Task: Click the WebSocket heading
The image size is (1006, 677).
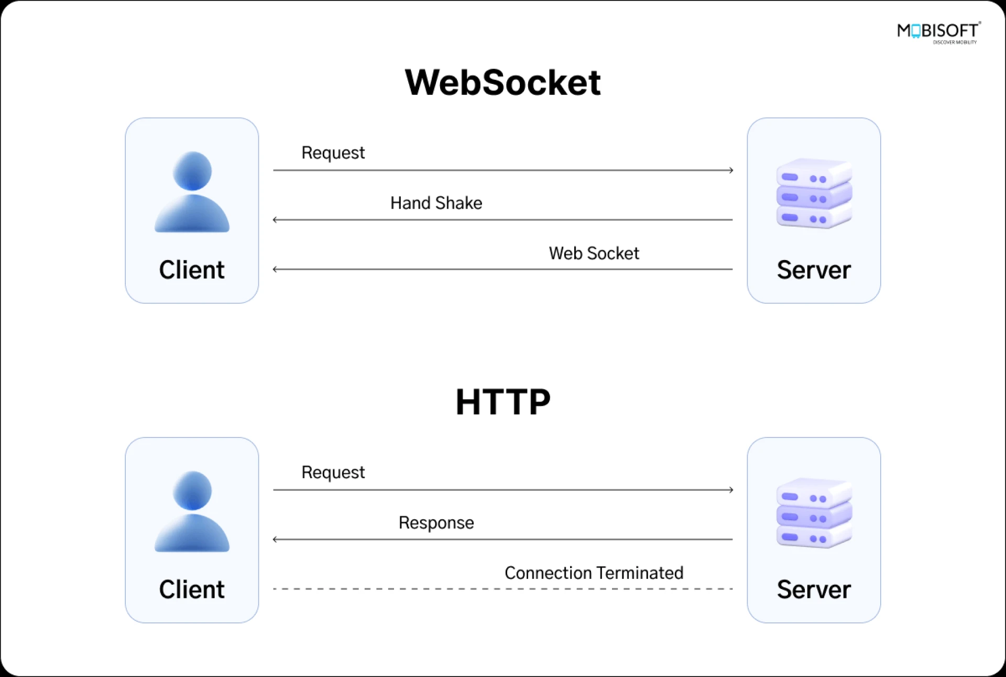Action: pyautogui.click(x=502, y=83)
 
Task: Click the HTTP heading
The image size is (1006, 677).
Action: pyautogui.click(x=503, y=402)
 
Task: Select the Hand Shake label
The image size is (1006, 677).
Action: pyautogui.click(x=436, y=203)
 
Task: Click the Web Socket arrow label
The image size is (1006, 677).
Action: pyautogui.click(x=594, y=253)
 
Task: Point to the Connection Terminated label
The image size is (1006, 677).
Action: pyautogui.click(x=594, y=573)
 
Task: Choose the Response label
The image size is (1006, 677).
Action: pyautogui.click(x=436, y=522)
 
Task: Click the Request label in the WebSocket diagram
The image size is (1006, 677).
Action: pyautogui.click(x=333, y=153)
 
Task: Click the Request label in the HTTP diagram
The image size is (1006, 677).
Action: pyautogui.click(x=333, y=472)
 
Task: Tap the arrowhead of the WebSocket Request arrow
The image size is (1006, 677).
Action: pyautogui.click(x=731, y=170)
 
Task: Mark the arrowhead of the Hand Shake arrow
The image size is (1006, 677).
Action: pyautogui.click(x=275, y=220)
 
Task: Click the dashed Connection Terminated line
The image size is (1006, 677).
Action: pyautogui.click(x=503, y=589)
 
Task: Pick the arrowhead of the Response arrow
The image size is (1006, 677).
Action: pyautogui.click(x=275, y=539)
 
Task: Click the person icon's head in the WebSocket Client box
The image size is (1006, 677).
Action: pyautogui.click(x=192, y=171)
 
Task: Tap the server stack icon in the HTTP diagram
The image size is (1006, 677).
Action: pyautogui.click(x=814, y=513)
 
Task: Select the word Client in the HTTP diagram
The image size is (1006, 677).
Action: pyautogui.click(x=192, y=589)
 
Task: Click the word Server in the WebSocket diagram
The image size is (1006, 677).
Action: pyautogui.click(x=814, y=270)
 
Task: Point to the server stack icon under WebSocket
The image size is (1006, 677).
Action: pyautogui.click(x=814, y=193)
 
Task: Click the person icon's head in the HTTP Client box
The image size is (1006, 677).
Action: pyautogui.click(x=192, y=490)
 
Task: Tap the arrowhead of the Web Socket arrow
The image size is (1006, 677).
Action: pyautogui.click(x=275, y=270)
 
